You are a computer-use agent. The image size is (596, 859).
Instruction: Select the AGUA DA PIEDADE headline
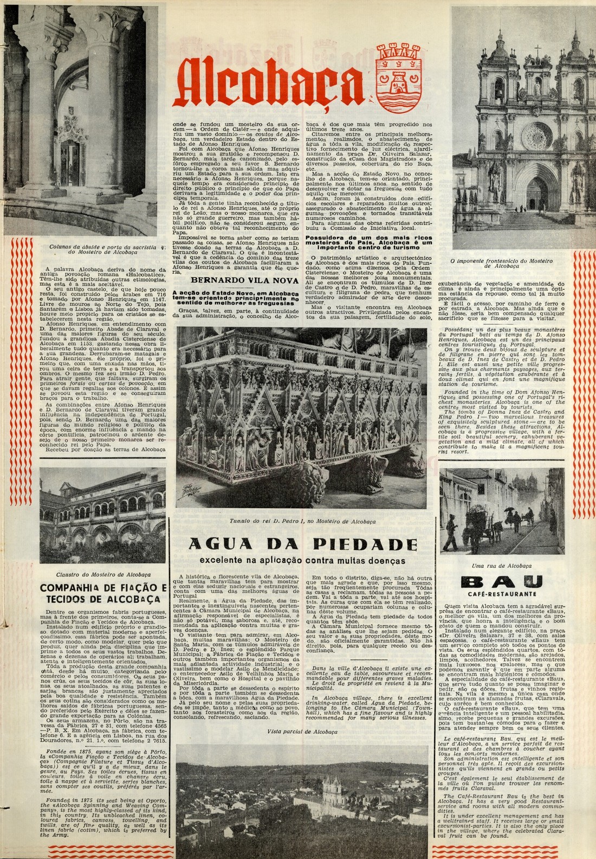(303, 544)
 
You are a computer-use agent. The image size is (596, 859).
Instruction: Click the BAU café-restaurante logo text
(501, 583)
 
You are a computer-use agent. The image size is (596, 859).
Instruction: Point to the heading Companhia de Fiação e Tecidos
(103, 593)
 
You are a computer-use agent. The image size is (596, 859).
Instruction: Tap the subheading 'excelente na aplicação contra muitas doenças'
(302, 560)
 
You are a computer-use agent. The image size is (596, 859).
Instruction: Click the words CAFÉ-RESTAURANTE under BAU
(501, 594)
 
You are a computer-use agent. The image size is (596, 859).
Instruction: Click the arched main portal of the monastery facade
(536, 193)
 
